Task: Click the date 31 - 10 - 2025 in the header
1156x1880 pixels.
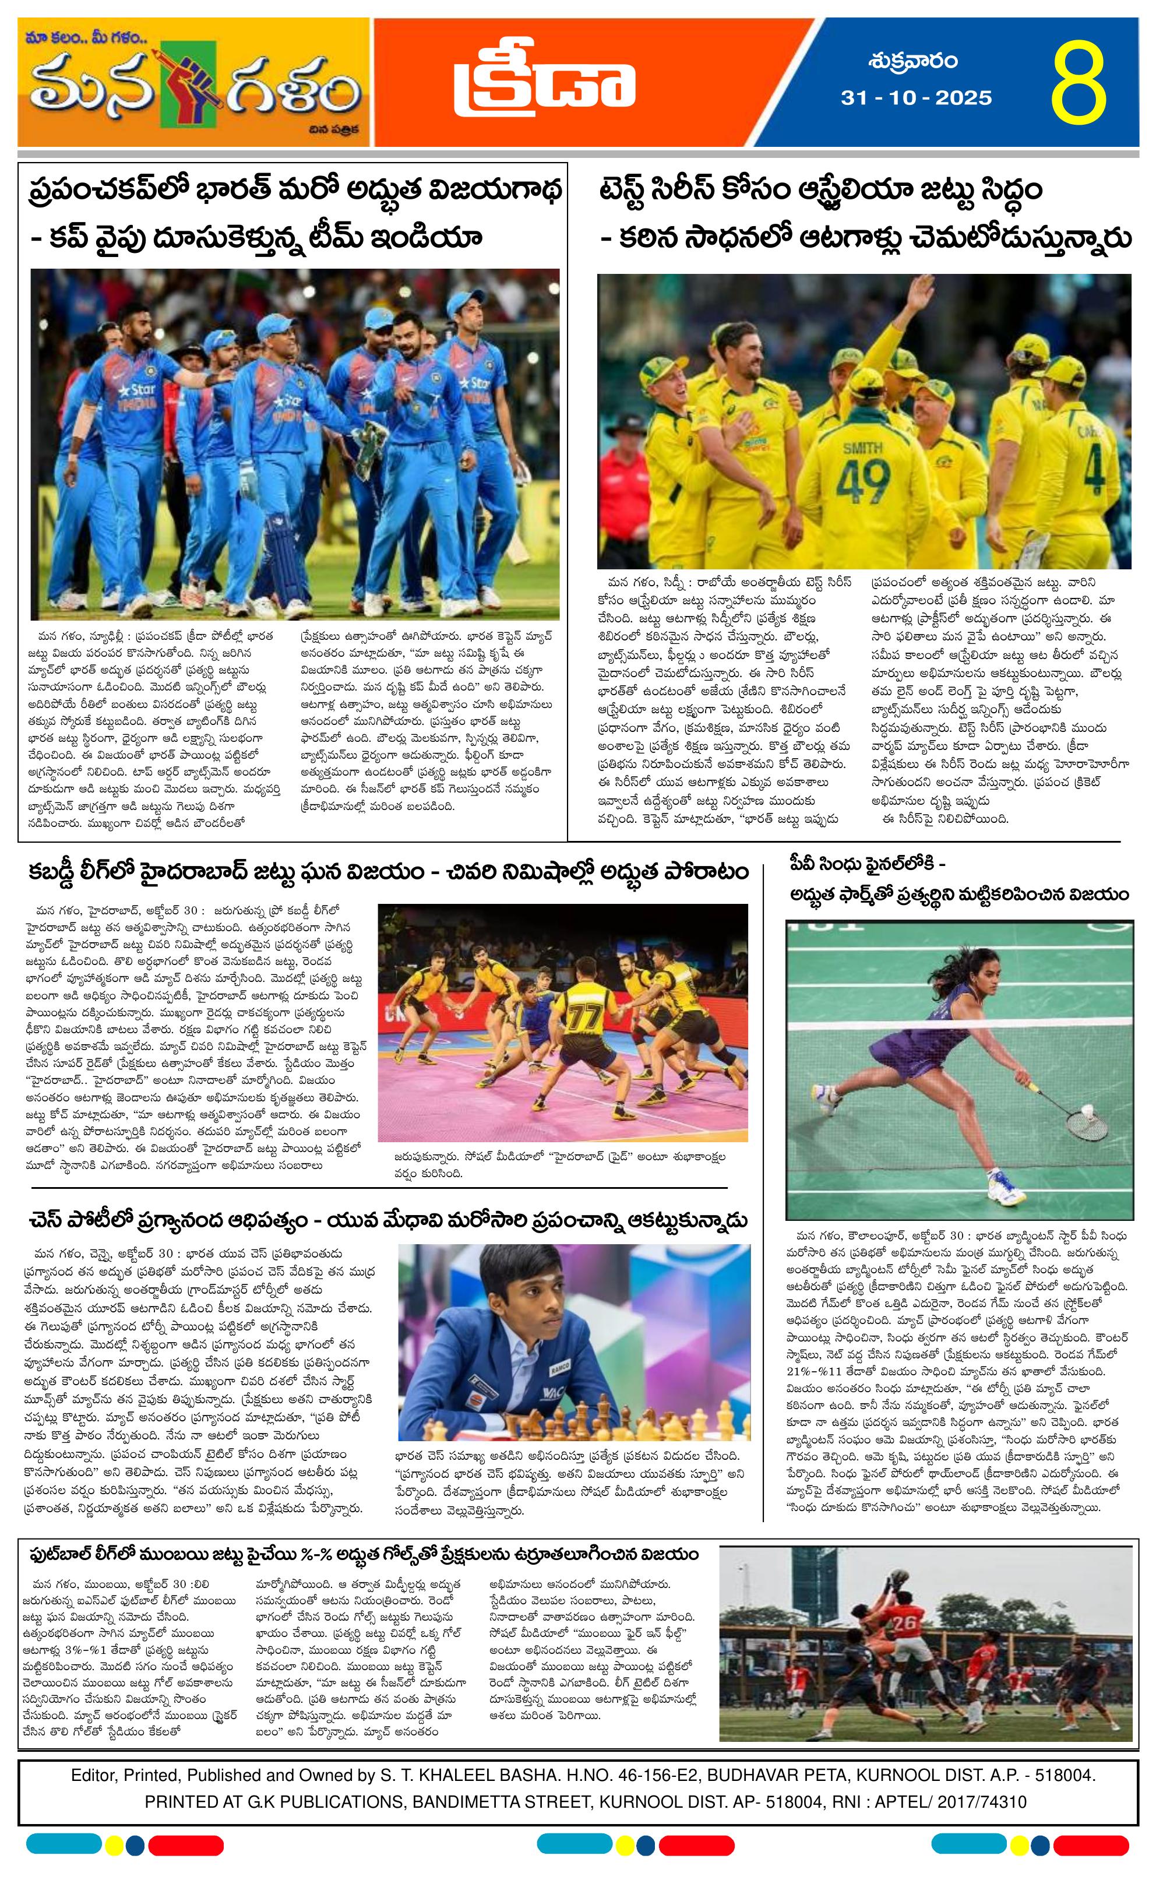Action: [x=917, y=98]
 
